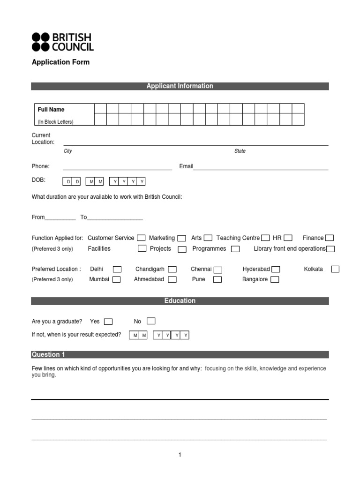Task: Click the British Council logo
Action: coord(62,42)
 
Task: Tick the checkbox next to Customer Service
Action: coord(141,238)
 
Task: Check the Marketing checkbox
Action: coord(181,238)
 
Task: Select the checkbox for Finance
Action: coord(330,238)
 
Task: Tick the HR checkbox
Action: coord(288,238)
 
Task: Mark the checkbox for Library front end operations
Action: coord(330,249)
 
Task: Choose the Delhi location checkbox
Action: coord(117,269)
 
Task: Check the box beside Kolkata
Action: coord(335,269)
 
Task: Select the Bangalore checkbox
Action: coord(275,280)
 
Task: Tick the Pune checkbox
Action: coord(217,280)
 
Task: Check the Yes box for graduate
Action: coord(108,322)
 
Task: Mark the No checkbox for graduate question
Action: coord(151,321)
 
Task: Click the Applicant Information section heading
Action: coord(180,86)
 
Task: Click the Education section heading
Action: coord(180,301)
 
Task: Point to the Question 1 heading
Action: coord(45,355)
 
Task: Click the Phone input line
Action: coord(117,167)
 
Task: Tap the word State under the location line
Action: coord(240,151)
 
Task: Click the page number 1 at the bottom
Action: coord(180,455)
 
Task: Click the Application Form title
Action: coord(60,62)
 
